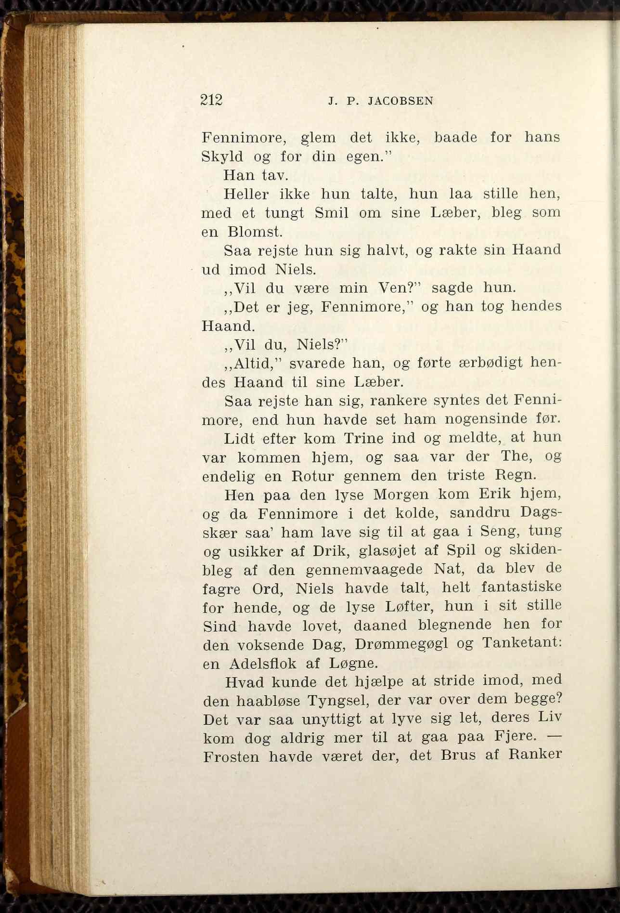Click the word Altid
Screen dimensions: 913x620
(x=249, y=364)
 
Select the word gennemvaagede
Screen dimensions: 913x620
(x=364, y=570)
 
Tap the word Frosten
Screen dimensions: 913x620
(x=231, y=757)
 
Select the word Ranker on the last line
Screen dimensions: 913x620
(x=535, y=755)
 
